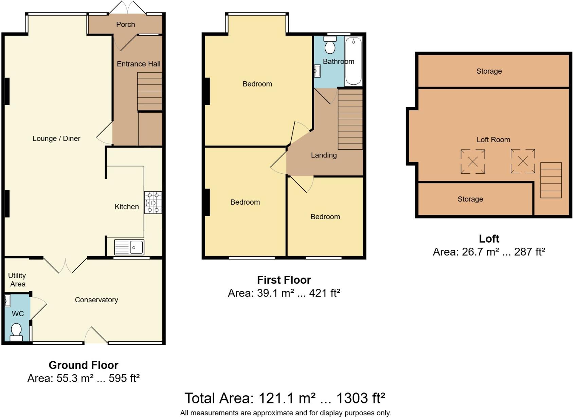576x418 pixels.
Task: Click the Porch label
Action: [125, 24]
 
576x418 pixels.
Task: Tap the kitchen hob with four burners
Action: [153, 203]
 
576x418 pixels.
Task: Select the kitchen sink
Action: [129, 247]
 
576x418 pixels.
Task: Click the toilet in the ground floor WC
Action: [16, 332]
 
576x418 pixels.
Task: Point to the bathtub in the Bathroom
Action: [353, 61]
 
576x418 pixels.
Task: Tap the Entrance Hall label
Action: [139, 64]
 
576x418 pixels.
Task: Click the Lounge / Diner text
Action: [56, 138]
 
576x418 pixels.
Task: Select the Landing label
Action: [324, 155]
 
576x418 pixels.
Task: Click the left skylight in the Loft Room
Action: [472, 161]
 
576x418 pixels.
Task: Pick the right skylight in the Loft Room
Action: [523, 161]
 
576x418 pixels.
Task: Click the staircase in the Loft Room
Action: [551, 180]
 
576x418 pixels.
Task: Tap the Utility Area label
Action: [17, 280]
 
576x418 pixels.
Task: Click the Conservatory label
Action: [96, 300]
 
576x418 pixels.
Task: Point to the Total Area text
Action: [285, 398]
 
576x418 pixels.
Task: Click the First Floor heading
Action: [284, 280]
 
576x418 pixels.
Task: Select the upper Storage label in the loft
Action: [489, 71]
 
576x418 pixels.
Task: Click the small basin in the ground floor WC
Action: [7, 301]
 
